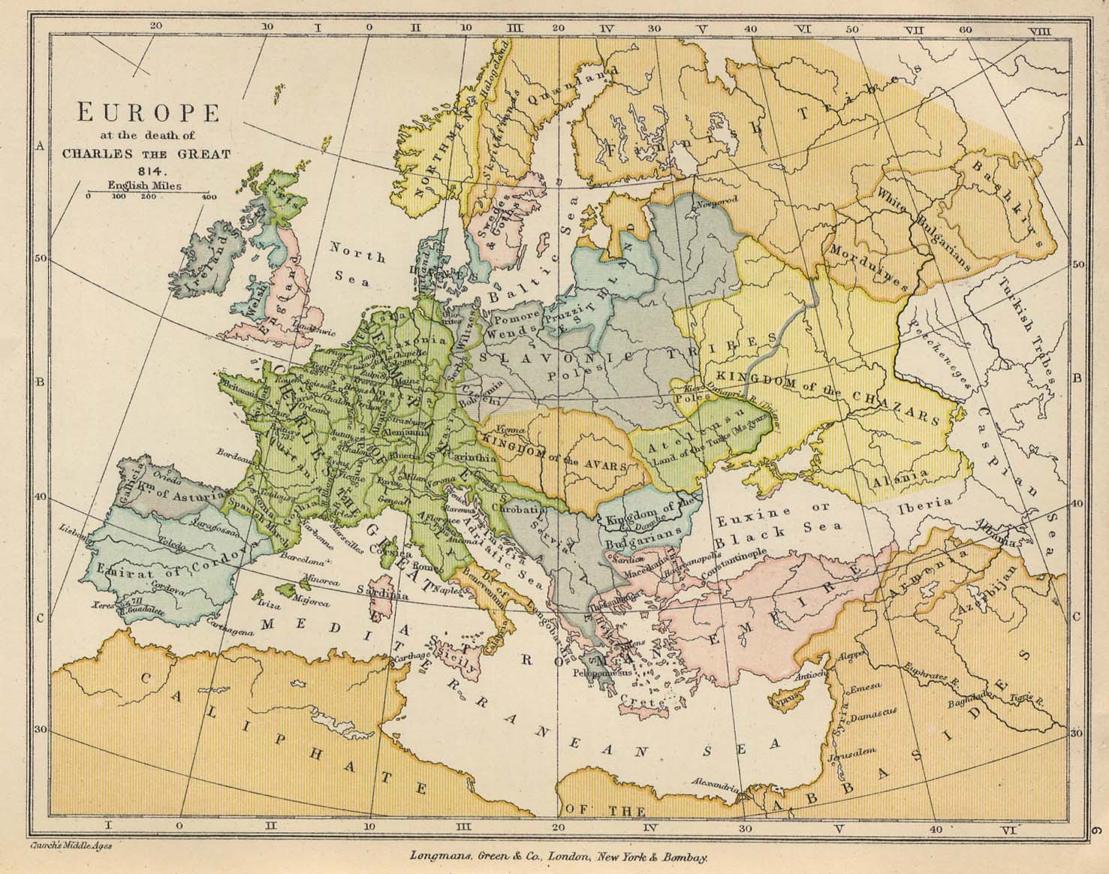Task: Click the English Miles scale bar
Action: point(149,194)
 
